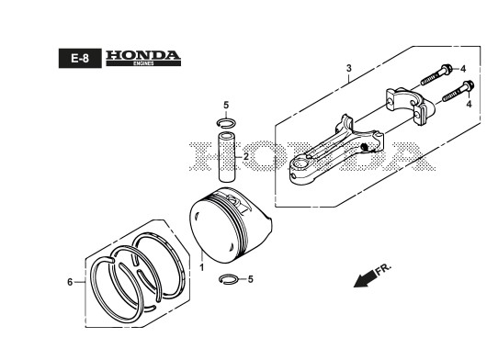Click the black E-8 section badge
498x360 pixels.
click(80, 58)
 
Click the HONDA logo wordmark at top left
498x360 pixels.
click(143, 55)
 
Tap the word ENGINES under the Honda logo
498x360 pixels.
click(143, 63)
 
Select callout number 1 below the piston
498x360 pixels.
click(201, 267)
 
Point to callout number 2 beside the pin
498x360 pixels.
click(246, 156)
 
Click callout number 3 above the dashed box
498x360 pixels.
click(349, 68)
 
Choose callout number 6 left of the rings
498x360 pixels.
click(70, 282)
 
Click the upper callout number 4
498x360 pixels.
click(463, 69)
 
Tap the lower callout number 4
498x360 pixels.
click(469, 104)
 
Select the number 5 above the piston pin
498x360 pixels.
click(226, 105)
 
